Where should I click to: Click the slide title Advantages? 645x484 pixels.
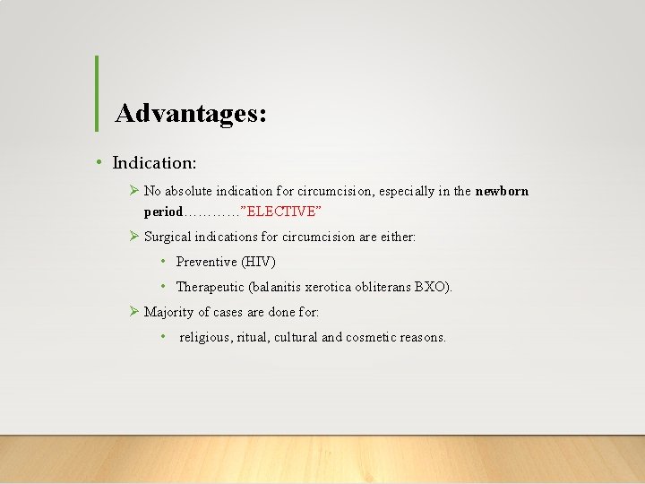(191, 114)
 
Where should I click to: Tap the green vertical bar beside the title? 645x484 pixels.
(96, 93)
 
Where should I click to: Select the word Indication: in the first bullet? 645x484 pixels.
(154, 162)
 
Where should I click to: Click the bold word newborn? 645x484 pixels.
(502, 191)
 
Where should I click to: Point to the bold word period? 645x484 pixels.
(163, 212)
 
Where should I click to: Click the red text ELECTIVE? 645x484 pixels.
(280, 212)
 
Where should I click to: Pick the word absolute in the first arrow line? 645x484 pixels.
(191, 191)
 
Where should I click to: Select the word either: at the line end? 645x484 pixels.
(395, 237)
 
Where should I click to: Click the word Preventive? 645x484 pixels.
(206, 262)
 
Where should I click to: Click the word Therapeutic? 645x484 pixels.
(211, 287)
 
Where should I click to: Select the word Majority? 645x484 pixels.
(169, 312)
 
